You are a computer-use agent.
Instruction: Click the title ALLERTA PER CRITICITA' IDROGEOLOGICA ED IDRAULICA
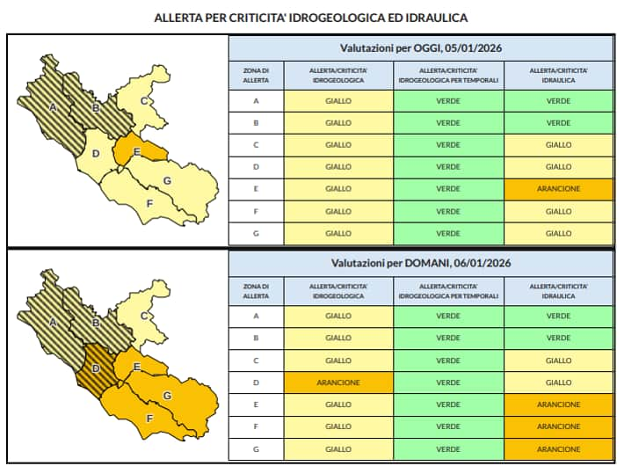click(x=311, y=17)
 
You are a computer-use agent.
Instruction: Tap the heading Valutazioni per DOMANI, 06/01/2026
click(x=421, y=263)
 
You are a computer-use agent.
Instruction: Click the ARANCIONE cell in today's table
click(x=558, y=189)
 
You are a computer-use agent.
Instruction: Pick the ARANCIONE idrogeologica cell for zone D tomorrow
click(x=338, y=382)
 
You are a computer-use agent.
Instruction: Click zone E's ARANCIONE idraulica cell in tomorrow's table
click(x=558, y=404)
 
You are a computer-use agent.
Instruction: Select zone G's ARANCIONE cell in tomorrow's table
click(x=558, y=448)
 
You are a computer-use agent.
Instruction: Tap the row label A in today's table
click(x=256, y=101)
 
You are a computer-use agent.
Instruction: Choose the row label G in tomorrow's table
click(x=256, y=448)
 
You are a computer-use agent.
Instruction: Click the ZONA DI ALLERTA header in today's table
click(x=256, y=75)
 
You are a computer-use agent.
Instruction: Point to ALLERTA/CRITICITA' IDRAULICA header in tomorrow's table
click(x=558, y=291)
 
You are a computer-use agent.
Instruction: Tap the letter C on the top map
click(x=142, y=101)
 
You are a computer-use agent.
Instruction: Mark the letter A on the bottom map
click(x=53, y=323)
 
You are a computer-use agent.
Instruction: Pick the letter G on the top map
click(x=166, y=181)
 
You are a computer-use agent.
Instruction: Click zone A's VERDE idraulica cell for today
click(x=558, y=101)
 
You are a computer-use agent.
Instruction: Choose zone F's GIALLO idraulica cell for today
click(x=558, y=211)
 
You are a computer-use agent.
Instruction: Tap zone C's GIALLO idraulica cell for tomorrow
click(x=558, y=360)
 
